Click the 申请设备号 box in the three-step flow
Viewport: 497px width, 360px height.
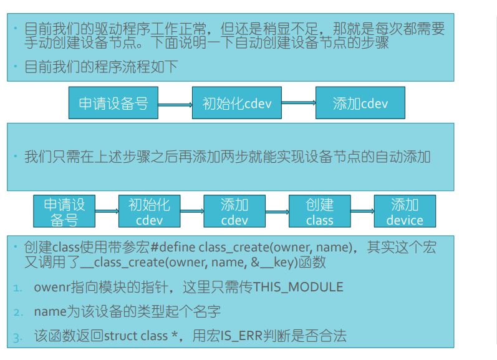coord(113,103)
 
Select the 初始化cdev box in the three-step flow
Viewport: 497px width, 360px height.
coord(237,103)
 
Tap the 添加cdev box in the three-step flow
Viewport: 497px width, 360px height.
coord(360,103)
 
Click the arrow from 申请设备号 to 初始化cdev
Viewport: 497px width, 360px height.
coord(175,104)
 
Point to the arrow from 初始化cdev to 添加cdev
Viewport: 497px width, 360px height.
coord(299,104)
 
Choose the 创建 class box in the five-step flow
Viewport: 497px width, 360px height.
coord(320,212)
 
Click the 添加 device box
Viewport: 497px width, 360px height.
coord(405,212)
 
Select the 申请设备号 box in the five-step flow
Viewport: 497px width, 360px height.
coord(64,212)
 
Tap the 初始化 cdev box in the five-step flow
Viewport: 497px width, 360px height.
coord(149,212)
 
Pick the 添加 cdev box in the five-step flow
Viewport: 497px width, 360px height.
coord(234,212)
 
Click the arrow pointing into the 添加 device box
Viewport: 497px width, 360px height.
coord(362,212)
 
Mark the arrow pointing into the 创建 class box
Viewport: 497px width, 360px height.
coord(277,212)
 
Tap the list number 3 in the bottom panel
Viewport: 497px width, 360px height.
coord(17,338)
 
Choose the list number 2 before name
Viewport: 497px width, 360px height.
coord(17,312)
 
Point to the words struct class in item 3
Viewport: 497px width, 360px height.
coord(135,336)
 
